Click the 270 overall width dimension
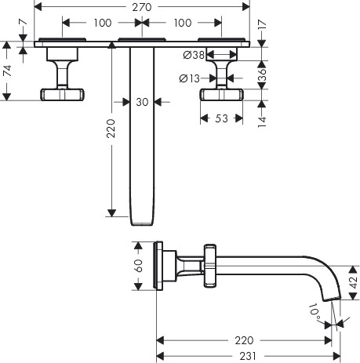tap(142, 7)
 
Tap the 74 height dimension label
tap(7, 71)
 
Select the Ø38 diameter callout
tap(194, 55)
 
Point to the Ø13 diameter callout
tap(190, 78)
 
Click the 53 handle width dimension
tap(221, 118)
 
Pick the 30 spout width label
tap(142, 102)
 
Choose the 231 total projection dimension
tap(248, 356)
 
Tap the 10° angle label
tap(315, 311)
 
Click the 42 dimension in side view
tap(354, 282)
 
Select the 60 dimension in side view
tap(138, 266)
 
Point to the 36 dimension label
tap(262, 74)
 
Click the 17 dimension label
tap(262, 24)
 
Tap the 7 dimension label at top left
tap(23, 22)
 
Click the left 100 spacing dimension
tap(103, 23)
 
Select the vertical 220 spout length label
tap(111, 129)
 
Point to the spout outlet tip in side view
tap(332, 299)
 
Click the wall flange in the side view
tap(159, 266)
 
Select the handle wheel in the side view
tap(210, 266)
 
